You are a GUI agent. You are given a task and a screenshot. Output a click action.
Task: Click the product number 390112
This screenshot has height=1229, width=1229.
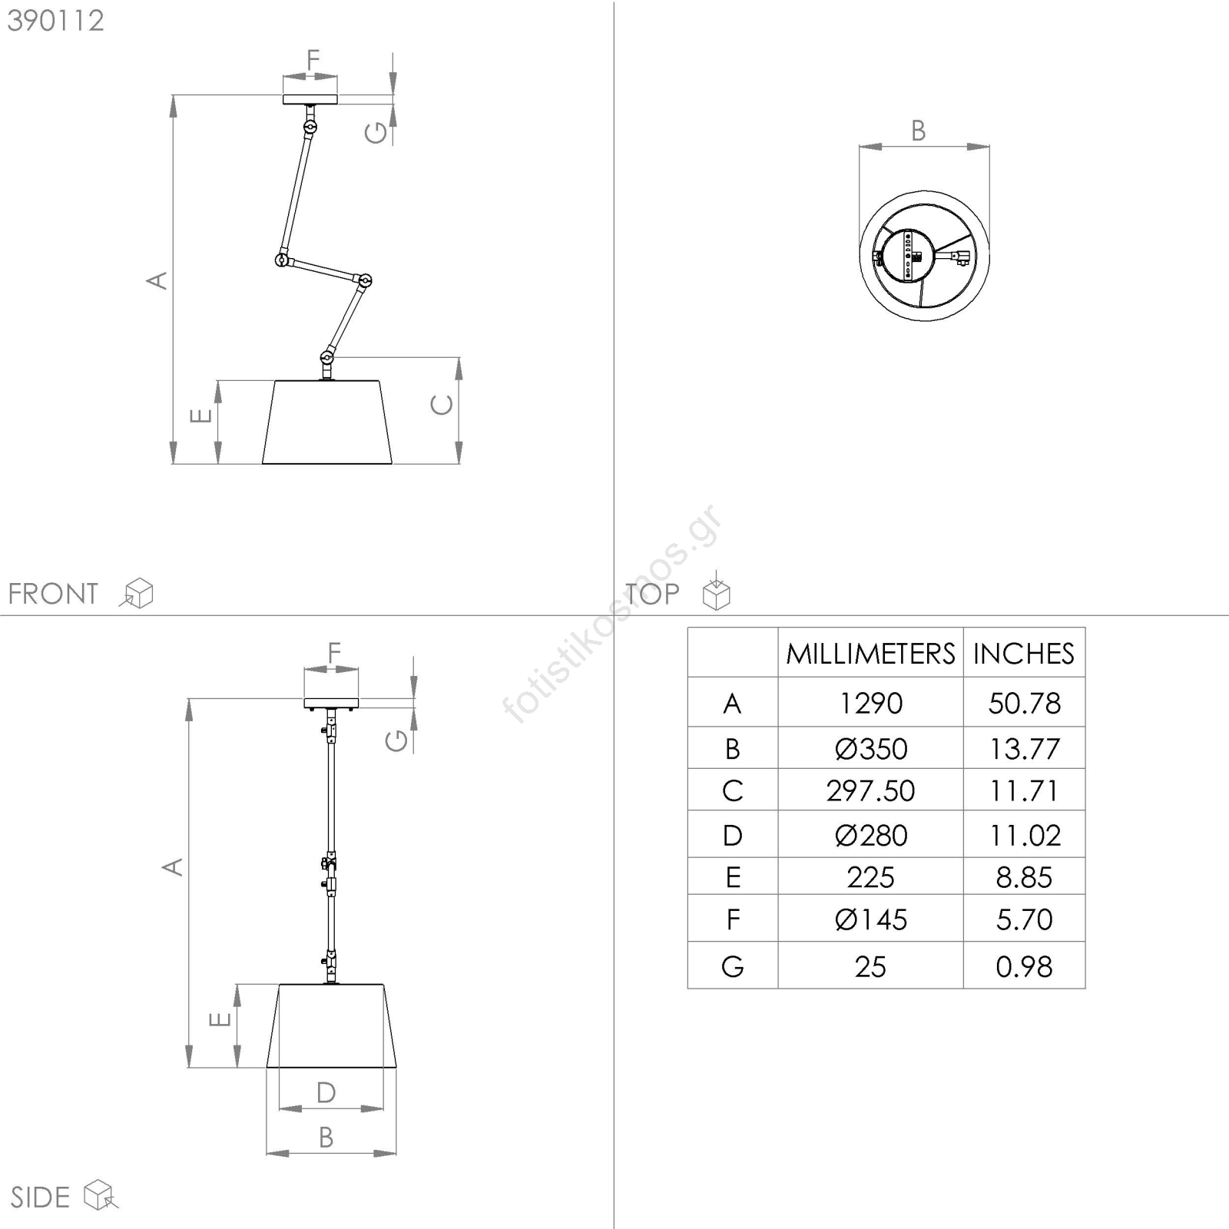[x=55, y=21]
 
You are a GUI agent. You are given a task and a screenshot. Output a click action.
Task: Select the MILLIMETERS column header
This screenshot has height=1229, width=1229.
[x=870, y=654]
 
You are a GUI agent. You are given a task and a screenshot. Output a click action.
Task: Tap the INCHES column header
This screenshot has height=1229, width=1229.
[x=1023, y=654]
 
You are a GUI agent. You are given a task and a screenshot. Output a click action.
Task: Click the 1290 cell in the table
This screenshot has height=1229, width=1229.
[x=870, y=703]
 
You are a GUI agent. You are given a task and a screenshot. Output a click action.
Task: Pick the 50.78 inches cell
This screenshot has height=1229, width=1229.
[x=1024, y=703]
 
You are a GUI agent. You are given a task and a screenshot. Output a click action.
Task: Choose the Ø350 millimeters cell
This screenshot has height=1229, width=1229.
[x=870, y=748]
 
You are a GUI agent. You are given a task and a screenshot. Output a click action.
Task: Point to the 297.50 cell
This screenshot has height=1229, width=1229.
[x=870, y=790]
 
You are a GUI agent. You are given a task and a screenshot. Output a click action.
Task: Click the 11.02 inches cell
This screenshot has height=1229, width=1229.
[x=1025, y=835]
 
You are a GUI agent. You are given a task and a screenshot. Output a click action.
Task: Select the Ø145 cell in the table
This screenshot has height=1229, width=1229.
[x=870, y=919]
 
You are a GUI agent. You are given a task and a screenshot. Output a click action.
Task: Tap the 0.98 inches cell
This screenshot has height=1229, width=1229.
[x=1024, y=966]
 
